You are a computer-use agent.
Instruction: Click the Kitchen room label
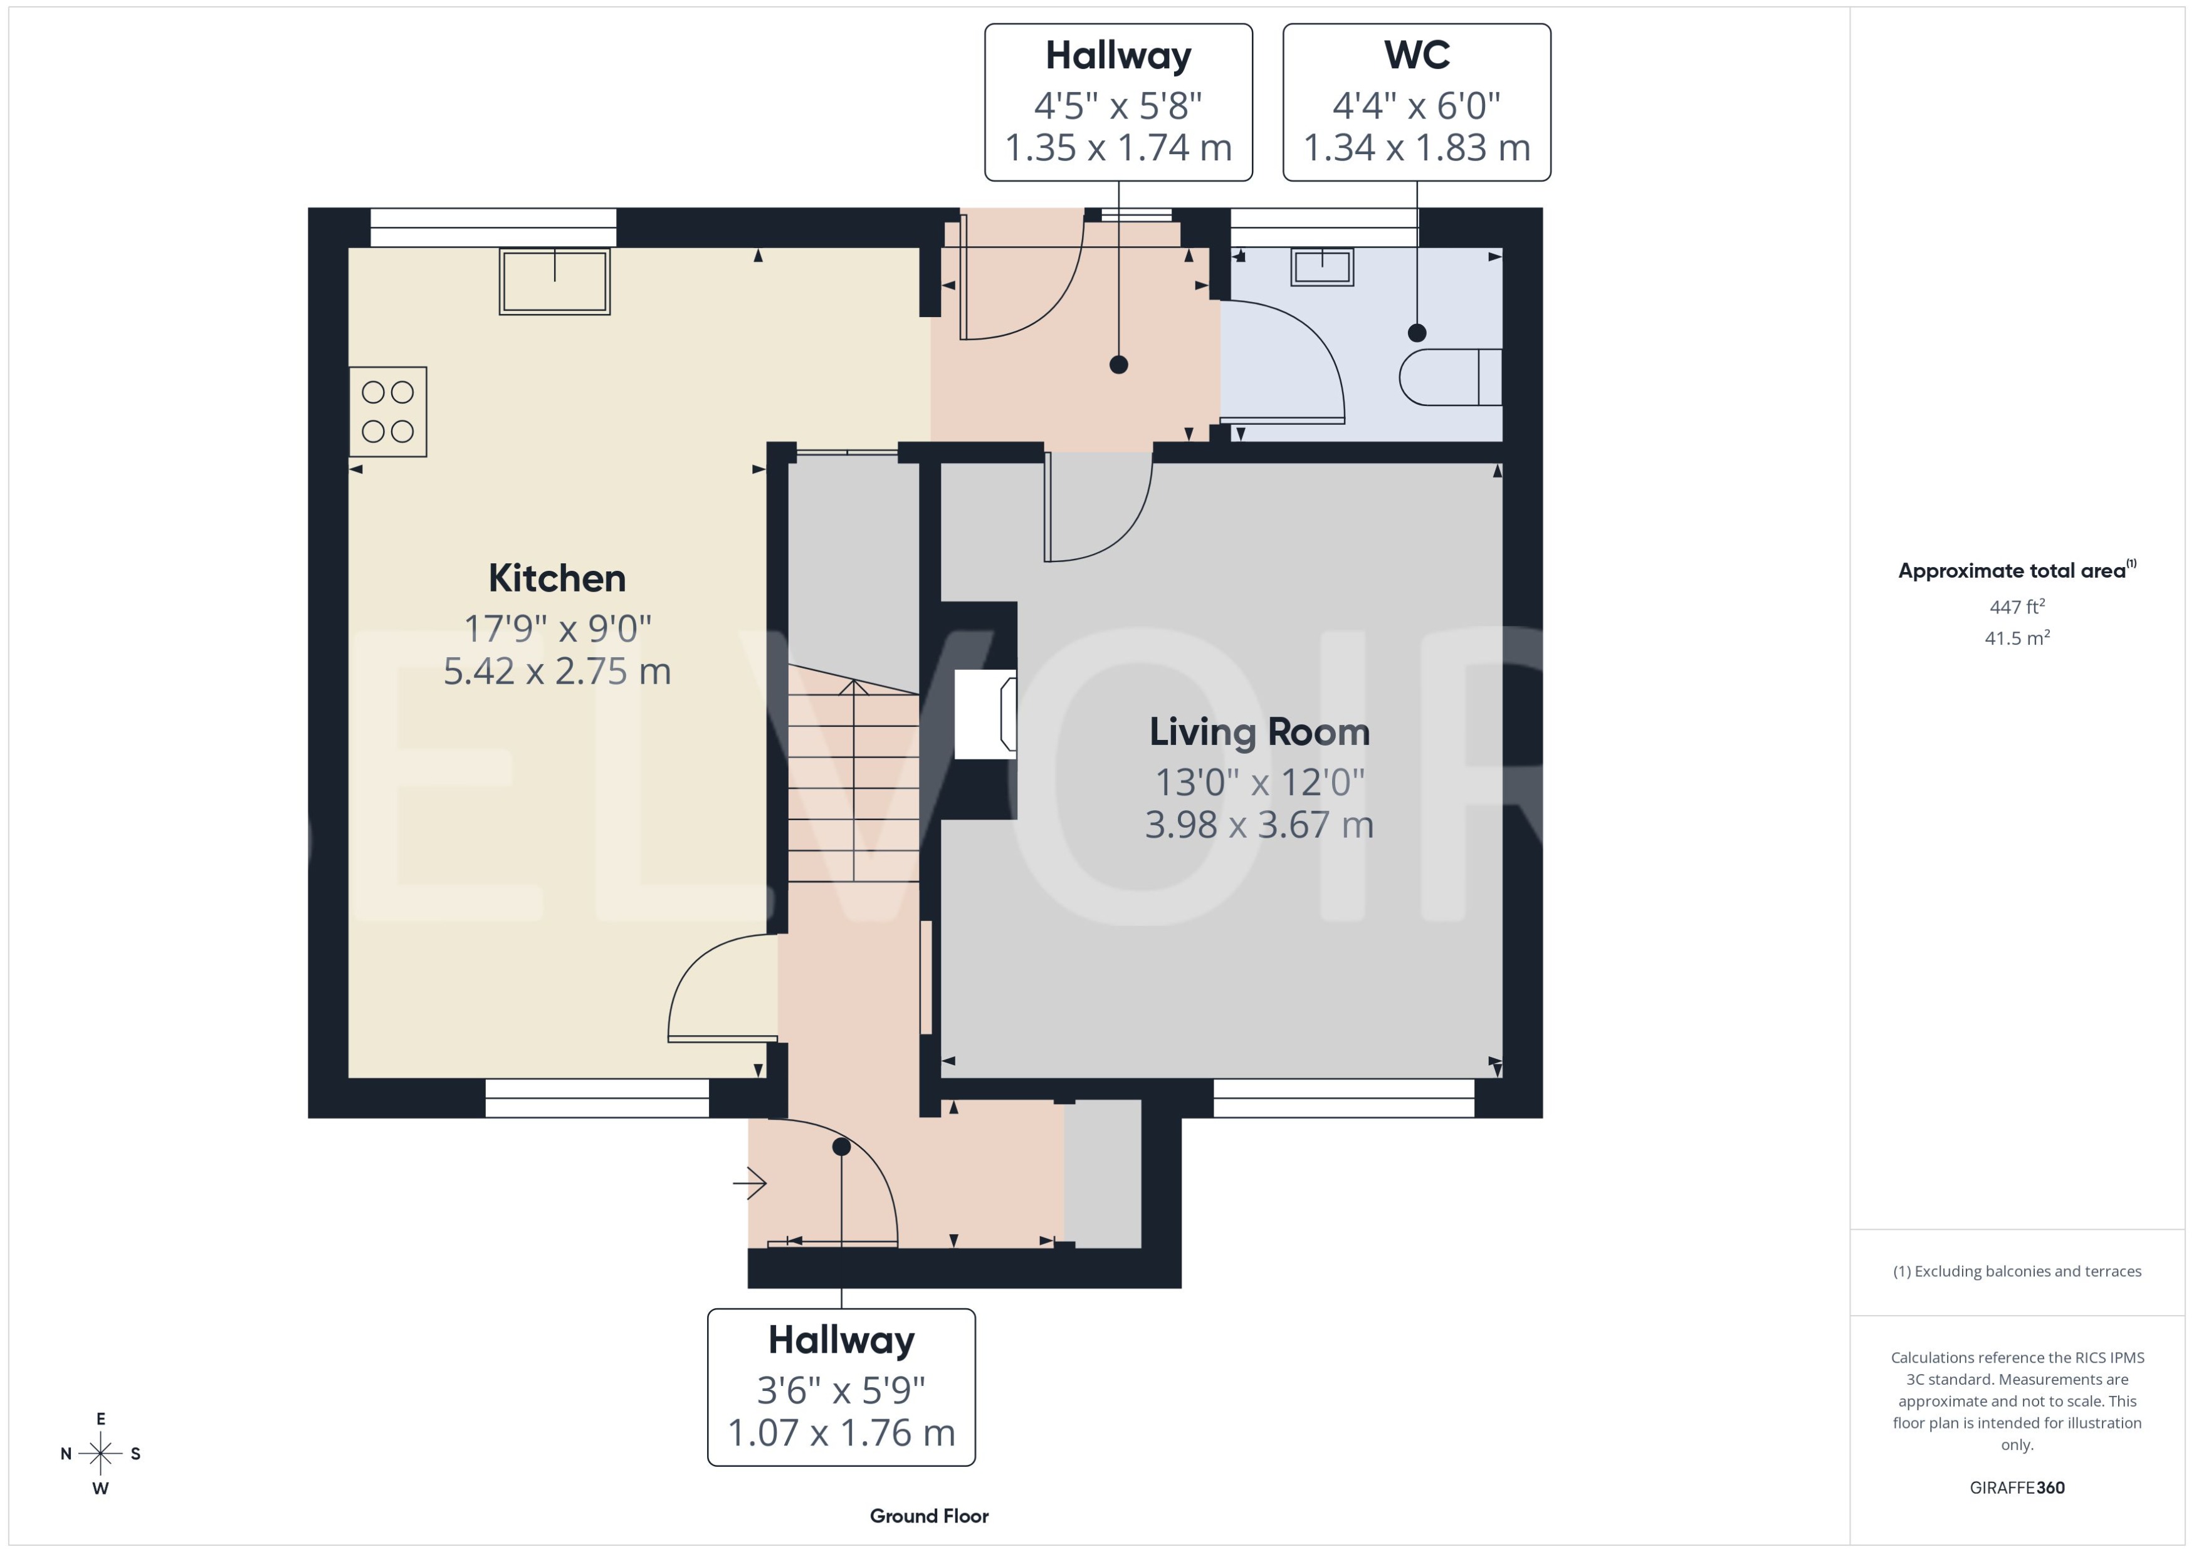coord(557,578)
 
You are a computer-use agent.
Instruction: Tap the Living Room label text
coord(1259,732)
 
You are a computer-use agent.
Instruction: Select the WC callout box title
coord(1416,55)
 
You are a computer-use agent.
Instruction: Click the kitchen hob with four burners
coord(387,412)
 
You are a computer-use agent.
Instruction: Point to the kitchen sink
coord(555,281)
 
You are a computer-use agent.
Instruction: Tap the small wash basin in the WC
coord(1322,267)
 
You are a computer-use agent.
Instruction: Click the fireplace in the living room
coord(985,714)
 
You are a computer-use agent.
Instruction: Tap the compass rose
coord(100,1454)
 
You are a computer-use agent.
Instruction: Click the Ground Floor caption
coord(928,1516)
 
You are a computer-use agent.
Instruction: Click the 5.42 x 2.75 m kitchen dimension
coord(557,671)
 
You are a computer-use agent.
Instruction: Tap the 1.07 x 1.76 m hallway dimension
coord(841,1432)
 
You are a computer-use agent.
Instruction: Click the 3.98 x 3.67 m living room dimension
coord(1259,824)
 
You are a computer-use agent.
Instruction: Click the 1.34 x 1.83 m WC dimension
coord(1416,147)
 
